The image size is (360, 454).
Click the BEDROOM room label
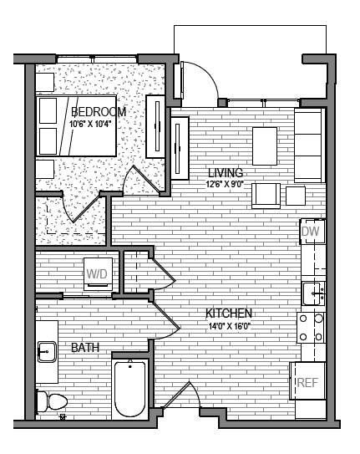98,112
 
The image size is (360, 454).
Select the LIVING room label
225,173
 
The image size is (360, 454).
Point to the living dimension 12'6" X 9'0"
225,184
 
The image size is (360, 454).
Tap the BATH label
85,347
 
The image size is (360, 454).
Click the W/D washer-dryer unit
98,273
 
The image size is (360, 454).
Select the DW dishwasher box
312,231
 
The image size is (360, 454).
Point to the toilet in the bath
53,402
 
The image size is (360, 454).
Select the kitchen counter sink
313,293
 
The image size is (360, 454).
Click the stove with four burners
312,328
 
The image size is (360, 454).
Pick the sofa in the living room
309,145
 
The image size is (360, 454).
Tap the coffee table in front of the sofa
266,146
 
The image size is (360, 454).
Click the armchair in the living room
267,195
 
